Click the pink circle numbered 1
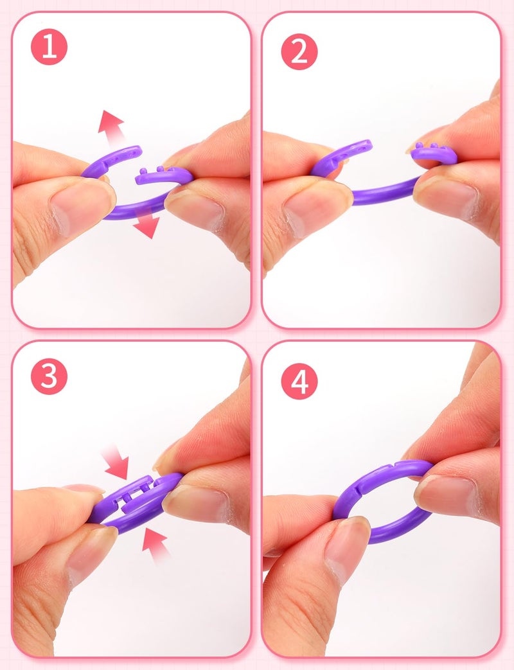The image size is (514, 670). [49, 47]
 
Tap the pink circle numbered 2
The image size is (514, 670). [299, 51]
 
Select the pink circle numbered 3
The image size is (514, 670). [49, 376]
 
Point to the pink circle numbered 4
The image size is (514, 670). [299, 381]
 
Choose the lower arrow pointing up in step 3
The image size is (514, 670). [155, 544]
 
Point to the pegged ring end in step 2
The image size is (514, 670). [432, 153]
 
